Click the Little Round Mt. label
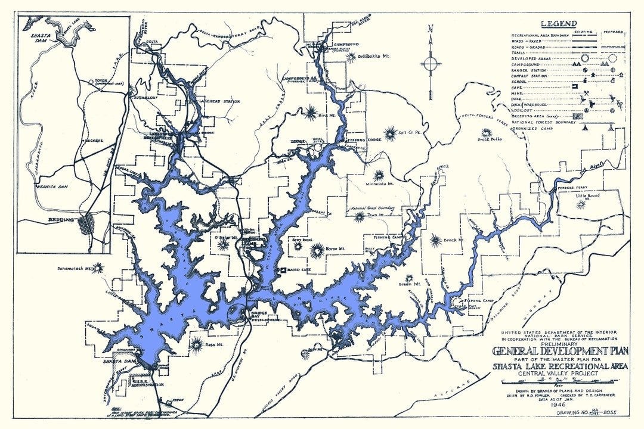[x=588, y=197]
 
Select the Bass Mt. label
[x=215, y=346]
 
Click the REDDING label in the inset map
[x=61, y=220]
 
